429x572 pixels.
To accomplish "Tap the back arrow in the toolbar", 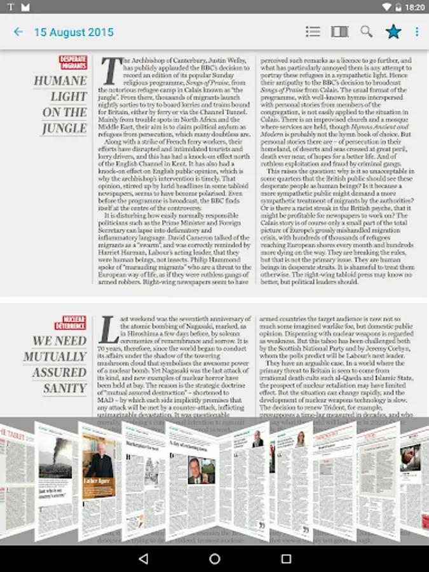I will pyautogui.click(x=18, y=32).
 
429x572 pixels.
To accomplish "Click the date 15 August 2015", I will pyautogui.click(x=74, y=32).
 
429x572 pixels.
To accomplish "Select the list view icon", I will pyautogui.click(x=313, y=31).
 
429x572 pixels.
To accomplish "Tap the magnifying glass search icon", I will pyautogui.click(x=367, y=31).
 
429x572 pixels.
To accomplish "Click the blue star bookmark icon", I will pyautogui.click(x=393, y=31).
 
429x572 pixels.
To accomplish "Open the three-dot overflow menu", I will pyautogui.click(x=417, y=31).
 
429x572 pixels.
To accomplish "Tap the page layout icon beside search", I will pyautogui.click(x=340, y=31).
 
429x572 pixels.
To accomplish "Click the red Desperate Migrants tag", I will pyautogui.click(x=73, y=62).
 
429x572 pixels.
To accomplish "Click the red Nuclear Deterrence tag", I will pyautogui.click(x=74, y=322).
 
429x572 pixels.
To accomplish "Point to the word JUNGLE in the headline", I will pyautogui.click(x=64, y=128).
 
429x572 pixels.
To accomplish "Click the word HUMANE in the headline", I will pyautogui.click(x=60, y=81).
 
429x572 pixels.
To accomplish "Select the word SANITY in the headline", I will pyautogui.click(x=65, y=388).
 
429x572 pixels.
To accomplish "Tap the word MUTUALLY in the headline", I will pyautogui.click(x=55, y=357).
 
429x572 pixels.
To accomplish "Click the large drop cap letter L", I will pyautogui.click(x=110, y=330).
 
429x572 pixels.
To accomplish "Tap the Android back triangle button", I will pyautogui.click(x=143, y=559).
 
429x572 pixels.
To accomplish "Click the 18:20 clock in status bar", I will pyautogui.click(x=414, y=7).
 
